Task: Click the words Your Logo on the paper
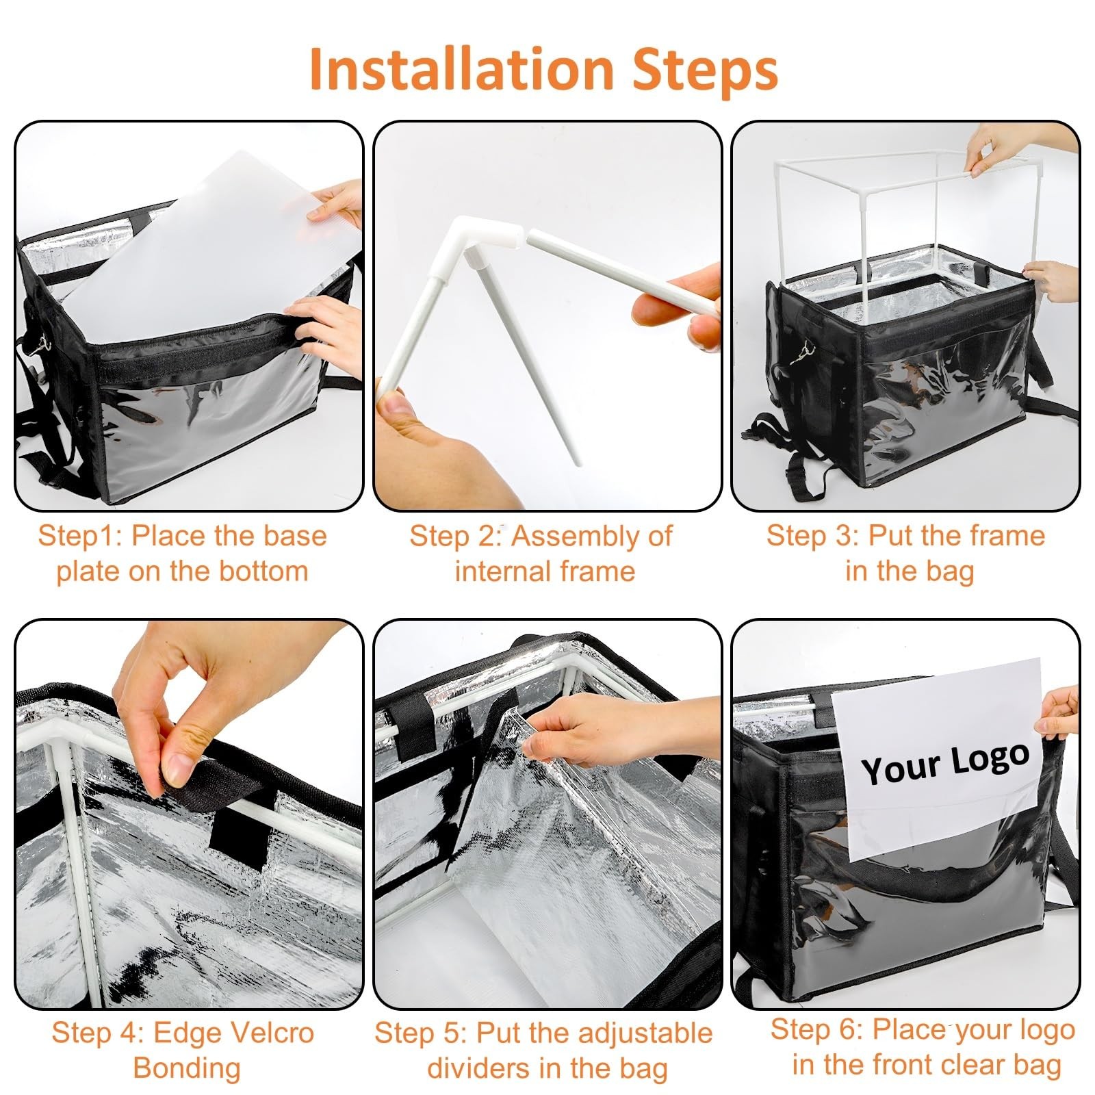[946, 762]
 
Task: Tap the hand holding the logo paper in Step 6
[1057, 715]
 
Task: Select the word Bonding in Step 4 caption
[187, 1068]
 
